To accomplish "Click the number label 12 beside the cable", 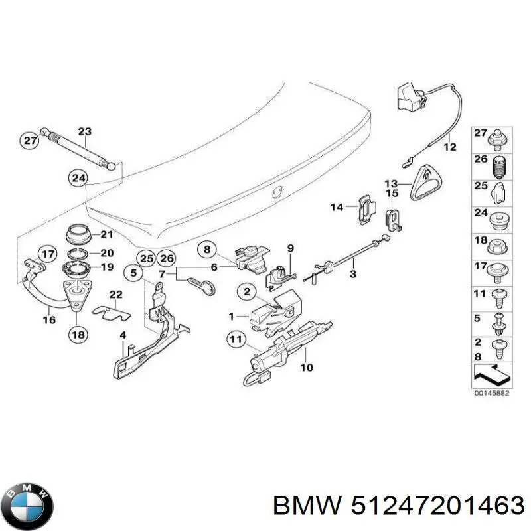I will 450,147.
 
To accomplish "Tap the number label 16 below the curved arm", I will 49,319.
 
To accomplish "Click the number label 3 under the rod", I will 352,273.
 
